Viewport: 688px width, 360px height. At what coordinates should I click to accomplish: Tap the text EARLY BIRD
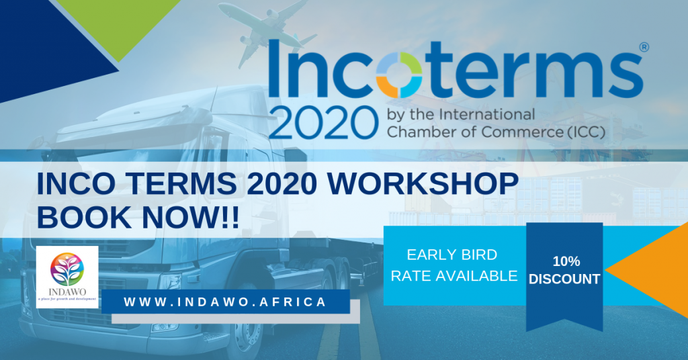[x=452, y=255]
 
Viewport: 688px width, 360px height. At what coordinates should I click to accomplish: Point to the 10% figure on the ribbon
[x=564, y=261]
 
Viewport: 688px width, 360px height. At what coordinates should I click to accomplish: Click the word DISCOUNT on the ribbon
[x=564, y=279]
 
